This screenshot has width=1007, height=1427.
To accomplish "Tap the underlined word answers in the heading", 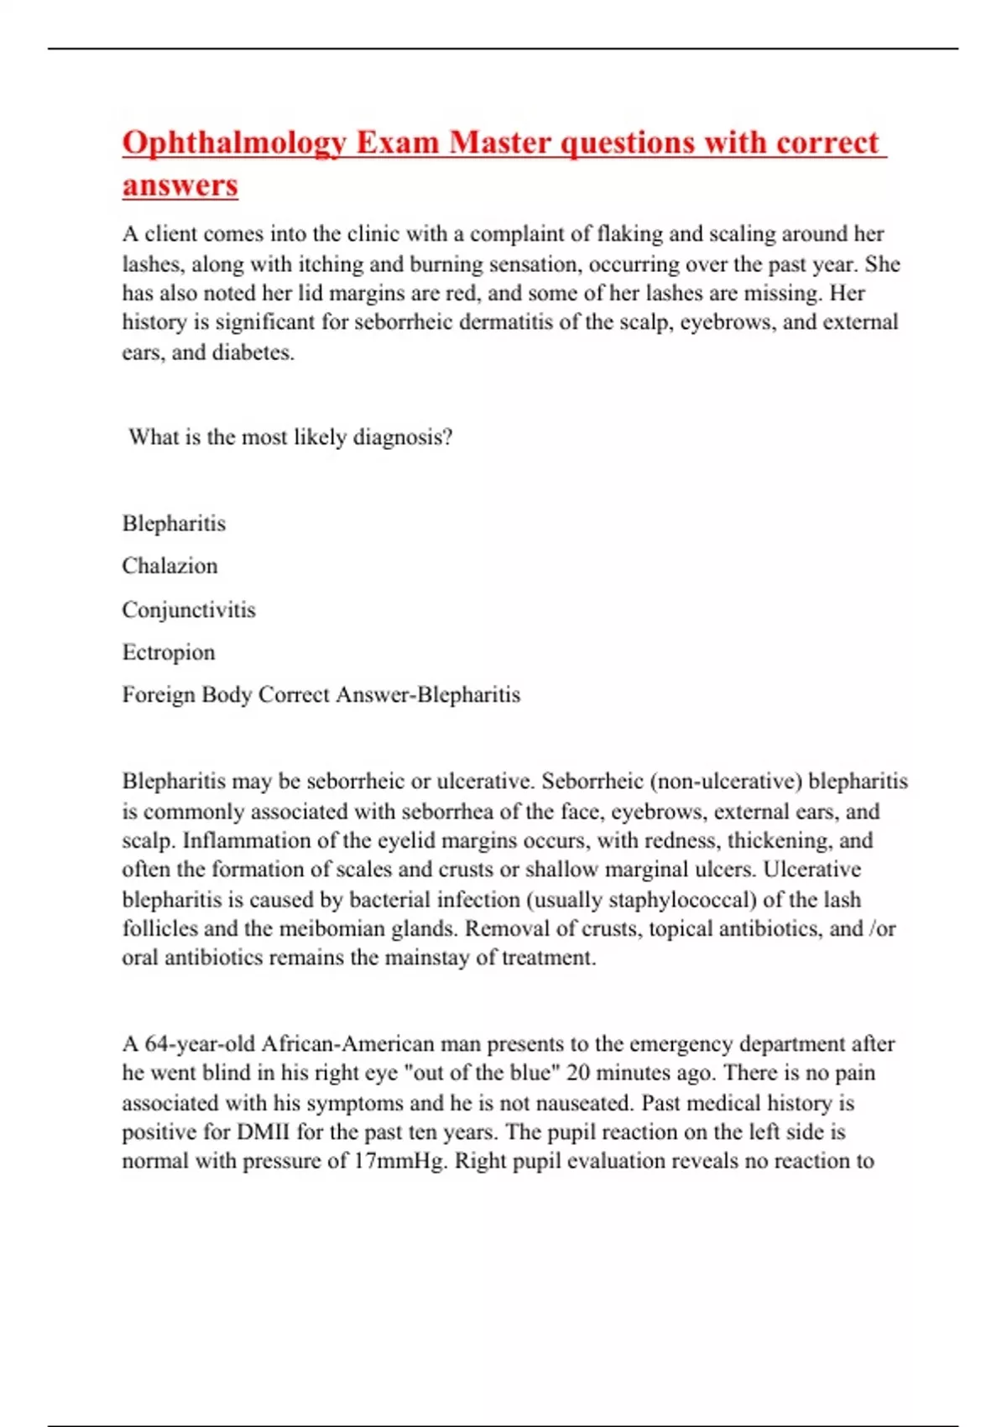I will [x=180, y=186].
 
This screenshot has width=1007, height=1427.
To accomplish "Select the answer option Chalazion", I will [x=170, y=566].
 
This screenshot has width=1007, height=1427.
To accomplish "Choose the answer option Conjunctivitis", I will [x=189, y=609].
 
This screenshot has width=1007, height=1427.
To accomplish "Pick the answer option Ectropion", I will [x=169, y=652].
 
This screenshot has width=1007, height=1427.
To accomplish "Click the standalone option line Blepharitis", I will [x=174, y=523].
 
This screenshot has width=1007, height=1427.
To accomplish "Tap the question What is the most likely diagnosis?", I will [x=290, y=437].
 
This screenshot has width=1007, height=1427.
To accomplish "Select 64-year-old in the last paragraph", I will [x=200, y=1044].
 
